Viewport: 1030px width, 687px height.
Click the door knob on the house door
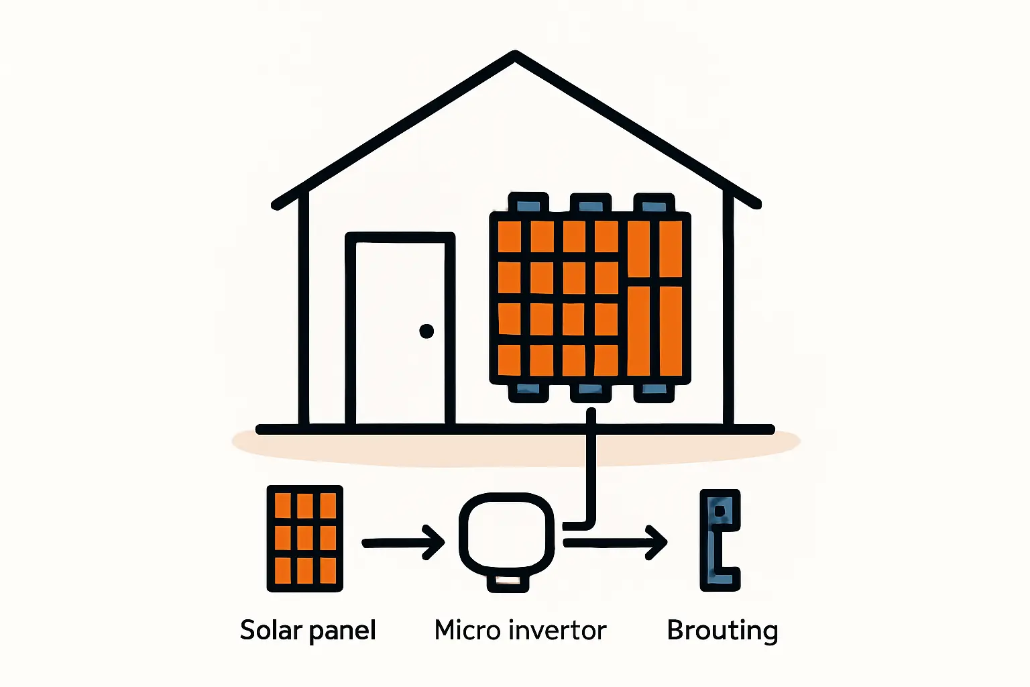pos(426,331)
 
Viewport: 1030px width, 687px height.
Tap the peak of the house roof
pos(514,55)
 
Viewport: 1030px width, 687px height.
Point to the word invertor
pos(557,630)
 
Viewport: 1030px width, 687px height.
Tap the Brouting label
pos(722,631)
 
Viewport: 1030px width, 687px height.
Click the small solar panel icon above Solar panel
pos(305,538)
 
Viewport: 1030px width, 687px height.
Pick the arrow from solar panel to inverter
pos(403,542)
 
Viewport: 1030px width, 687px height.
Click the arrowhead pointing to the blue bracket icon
pos(657,542)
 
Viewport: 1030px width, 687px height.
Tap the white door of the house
pos(400,332)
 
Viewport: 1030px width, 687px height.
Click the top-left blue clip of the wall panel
pos(528,203)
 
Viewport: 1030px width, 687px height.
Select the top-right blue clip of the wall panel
pos(654,203)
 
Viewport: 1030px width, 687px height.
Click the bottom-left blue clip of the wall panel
pos(528,392)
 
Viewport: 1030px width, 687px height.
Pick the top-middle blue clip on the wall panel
pos(591,203)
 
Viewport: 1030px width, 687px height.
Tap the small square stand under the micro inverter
pos(508,581)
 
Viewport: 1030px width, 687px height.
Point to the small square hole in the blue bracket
pos(720,511)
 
